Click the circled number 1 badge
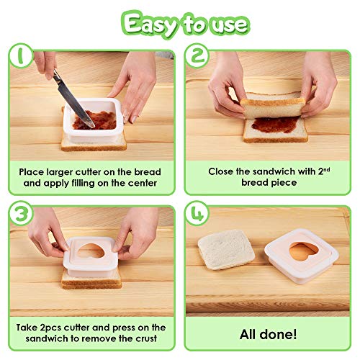tap(21, 55)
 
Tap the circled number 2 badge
tap(197, 55)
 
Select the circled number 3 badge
tap(21, 213)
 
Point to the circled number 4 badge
tap(197, 213)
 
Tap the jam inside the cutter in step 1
tap(95, 120)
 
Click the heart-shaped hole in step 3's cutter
tap(91, 251)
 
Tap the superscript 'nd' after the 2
tap(327, 169)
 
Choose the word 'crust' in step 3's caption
tap(146, 338)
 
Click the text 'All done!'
tap(268, 334)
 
